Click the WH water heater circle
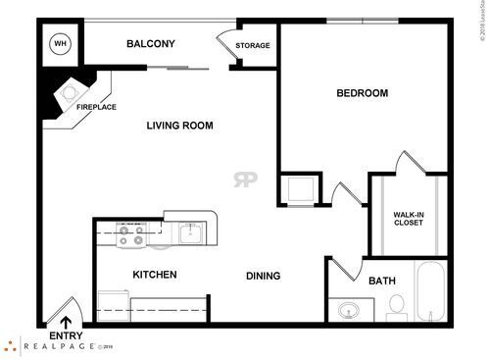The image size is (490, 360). coord(59,43)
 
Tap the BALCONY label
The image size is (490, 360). coord(151,44)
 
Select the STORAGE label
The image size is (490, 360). coord(253,45)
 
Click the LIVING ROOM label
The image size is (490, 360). coord(179,126)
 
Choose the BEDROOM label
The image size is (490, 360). coord(362,93)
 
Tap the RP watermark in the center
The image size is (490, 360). coord(244,180)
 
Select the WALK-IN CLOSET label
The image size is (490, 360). coord(409,217)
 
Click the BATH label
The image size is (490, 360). coord(381,282)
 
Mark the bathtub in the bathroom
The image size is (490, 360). coord(430,291)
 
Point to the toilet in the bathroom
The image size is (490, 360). coord(397,311)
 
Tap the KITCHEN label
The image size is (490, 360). coord(155,275)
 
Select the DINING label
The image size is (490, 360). coord(264,276)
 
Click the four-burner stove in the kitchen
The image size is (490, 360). coord(131,234)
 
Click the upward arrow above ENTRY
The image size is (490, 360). coord(67,321)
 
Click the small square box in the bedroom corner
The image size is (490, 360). coord(296,186)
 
